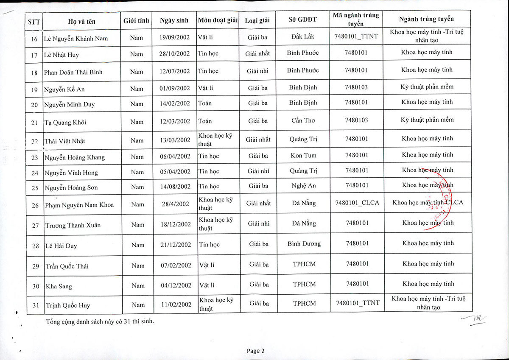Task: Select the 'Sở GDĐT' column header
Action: point(303,20)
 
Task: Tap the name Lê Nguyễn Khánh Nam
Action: point(76,39)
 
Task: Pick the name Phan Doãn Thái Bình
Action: point(73,72)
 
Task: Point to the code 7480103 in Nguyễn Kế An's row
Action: point(356,87)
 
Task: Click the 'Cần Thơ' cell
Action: point(303,120)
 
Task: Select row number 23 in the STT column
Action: point(35,158)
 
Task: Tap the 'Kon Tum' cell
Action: point(303,156)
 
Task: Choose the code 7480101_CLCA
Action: point(357,203)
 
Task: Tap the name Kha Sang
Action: point(59,286)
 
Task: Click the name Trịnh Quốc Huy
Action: point(68,305)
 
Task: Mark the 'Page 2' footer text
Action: point(255,351)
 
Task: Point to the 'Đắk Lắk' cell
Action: point(302,37)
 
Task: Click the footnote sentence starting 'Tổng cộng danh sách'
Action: point(100,321)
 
